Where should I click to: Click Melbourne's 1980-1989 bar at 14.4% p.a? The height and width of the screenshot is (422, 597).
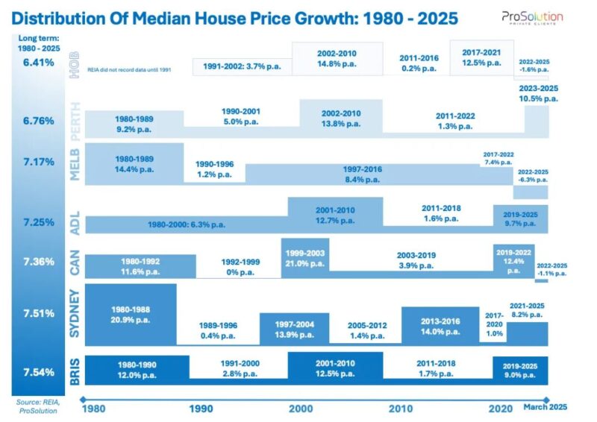tap(134, 163)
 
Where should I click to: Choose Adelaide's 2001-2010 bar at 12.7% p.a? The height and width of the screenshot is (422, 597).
tap(335, 215)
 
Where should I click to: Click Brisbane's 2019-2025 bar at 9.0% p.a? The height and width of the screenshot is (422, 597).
tap(520, 366)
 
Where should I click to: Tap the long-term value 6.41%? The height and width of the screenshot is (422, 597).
tap(38, 63)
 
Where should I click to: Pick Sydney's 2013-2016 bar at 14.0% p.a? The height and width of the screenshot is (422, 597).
tap(440, 324)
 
